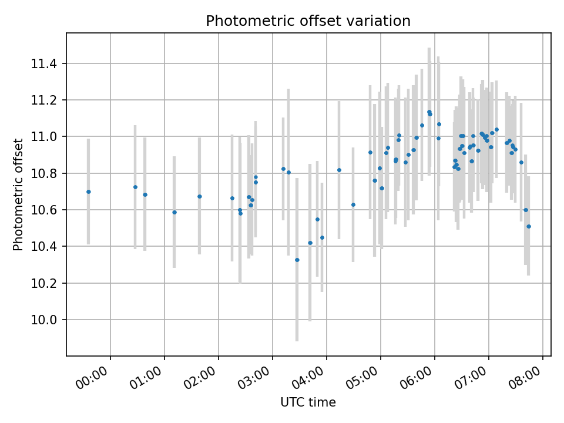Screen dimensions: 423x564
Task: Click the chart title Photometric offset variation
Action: click(308, 21)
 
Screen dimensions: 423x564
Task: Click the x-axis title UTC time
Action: click(308, 402)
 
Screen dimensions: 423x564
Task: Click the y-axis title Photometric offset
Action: click(18, 194)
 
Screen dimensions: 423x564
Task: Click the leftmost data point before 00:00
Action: click(88, 192)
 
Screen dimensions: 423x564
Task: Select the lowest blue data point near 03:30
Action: click(297, 260)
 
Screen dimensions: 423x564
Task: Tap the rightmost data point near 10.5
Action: click(528, 226)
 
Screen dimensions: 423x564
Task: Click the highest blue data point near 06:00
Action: click(429, 112)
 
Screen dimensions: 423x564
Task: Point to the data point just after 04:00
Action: click(339, 170)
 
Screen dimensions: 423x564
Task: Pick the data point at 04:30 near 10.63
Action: click(353, 204)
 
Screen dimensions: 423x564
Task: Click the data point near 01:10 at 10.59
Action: click(174, 212)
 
